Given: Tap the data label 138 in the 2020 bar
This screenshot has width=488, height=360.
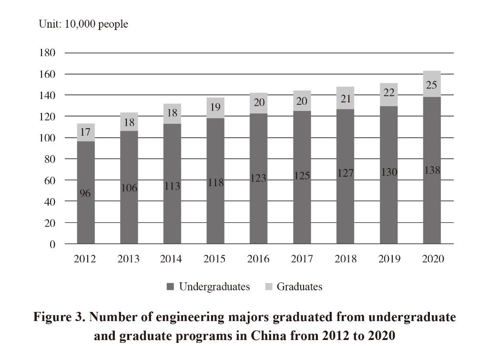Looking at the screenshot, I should click(x=432, y=170).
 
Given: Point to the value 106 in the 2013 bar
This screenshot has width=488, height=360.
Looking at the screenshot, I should click(x=129, y=189).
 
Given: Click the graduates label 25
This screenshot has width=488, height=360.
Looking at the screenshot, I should click(x=432, y=86).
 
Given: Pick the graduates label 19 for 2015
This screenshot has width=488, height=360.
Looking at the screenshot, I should click(x=215, y=107).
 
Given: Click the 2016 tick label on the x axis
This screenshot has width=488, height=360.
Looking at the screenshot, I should click(x=258, y=259).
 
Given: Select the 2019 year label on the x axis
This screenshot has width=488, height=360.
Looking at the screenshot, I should click(x=389, y=259).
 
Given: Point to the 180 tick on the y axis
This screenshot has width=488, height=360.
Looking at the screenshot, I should click(x=47, y=53).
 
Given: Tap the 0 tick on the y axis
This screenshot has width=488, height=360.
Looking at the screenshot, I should click(x=53, y=244).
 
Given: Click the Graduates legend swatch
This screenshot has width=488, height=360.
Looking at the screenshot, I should click(x=268, y=287).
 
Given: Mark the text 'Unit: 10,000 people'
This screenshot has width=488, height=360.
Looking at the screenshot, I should click(x=83, y=24).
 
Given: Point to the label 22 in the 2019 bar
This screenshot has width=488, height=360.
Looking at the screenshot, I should click(x=389, y=93).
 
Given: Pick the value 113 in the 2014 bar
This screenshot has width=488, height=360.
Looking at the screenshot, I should click(x=172, y=186).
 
